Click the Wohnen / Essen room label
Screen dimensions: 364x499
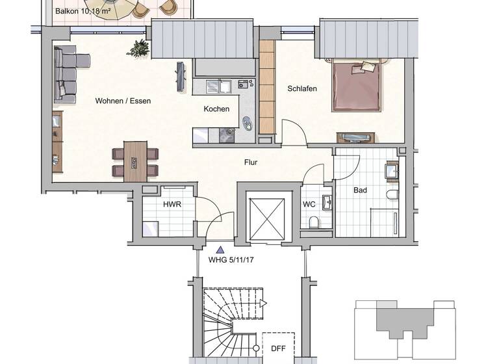(123, 101)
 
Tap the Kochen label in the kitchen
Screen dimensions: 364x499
(216, 109)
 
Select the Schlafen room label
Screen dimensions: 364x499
(302, 88)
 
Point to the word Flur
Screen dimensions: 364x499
(252, 162)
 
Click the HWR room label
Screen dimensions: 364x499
(172, 204)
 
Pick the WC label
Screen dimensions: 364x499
(309, 204)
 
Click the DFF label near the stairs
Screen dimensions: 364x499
(278, 348)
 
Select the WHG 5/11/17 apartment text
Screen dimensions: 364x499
(231, 259)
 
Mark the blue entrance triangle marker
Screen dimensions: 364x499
(221, 248)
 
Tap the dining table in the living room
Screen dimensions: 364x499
(135, 161)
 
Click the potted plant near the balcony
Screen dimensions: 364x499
(139, 47)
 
